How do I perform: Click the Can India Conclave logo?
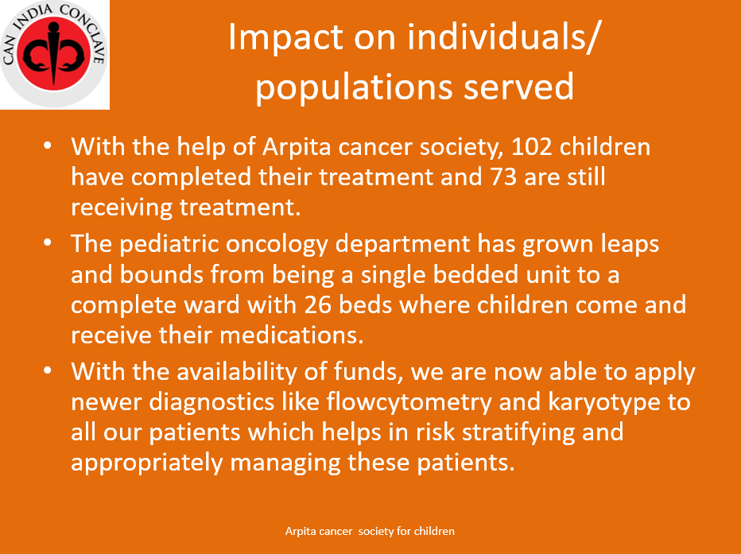point(54,54)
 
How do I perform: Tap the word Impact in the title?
point(286,38)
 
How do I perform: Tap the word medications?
point(292,335)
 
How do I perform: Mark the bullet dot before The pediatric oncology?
point(47,242)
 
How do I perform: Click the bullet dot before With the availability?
point(47,370)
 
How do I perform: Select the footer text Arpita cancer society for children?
point(370,531)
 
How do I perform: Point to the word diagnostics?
point(211,403)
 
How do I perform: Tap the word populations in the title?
point(355,89)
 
